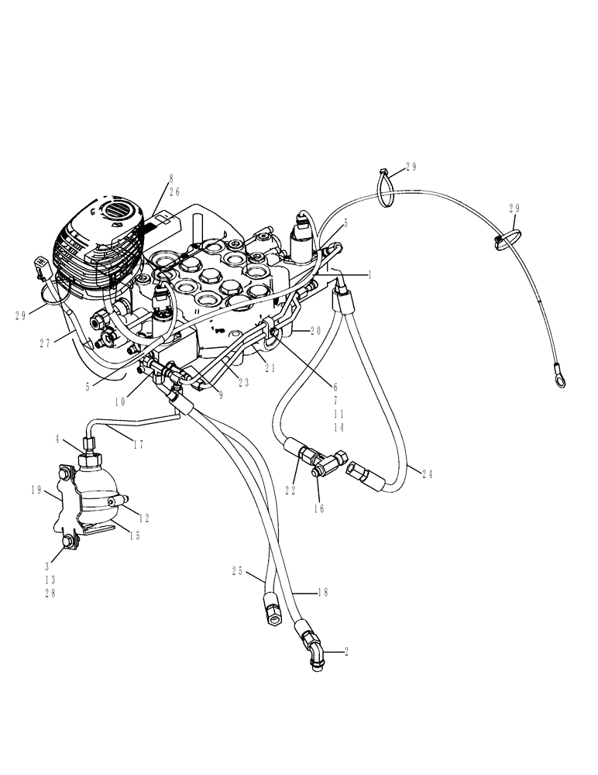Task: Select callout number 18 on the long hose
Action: (x=323, y=592)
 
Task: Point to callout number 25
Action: (x=237, y=571)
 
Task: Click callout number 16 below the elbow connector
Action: (x=318, y=508)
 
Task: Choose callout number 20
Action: (x=314, y=329)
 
